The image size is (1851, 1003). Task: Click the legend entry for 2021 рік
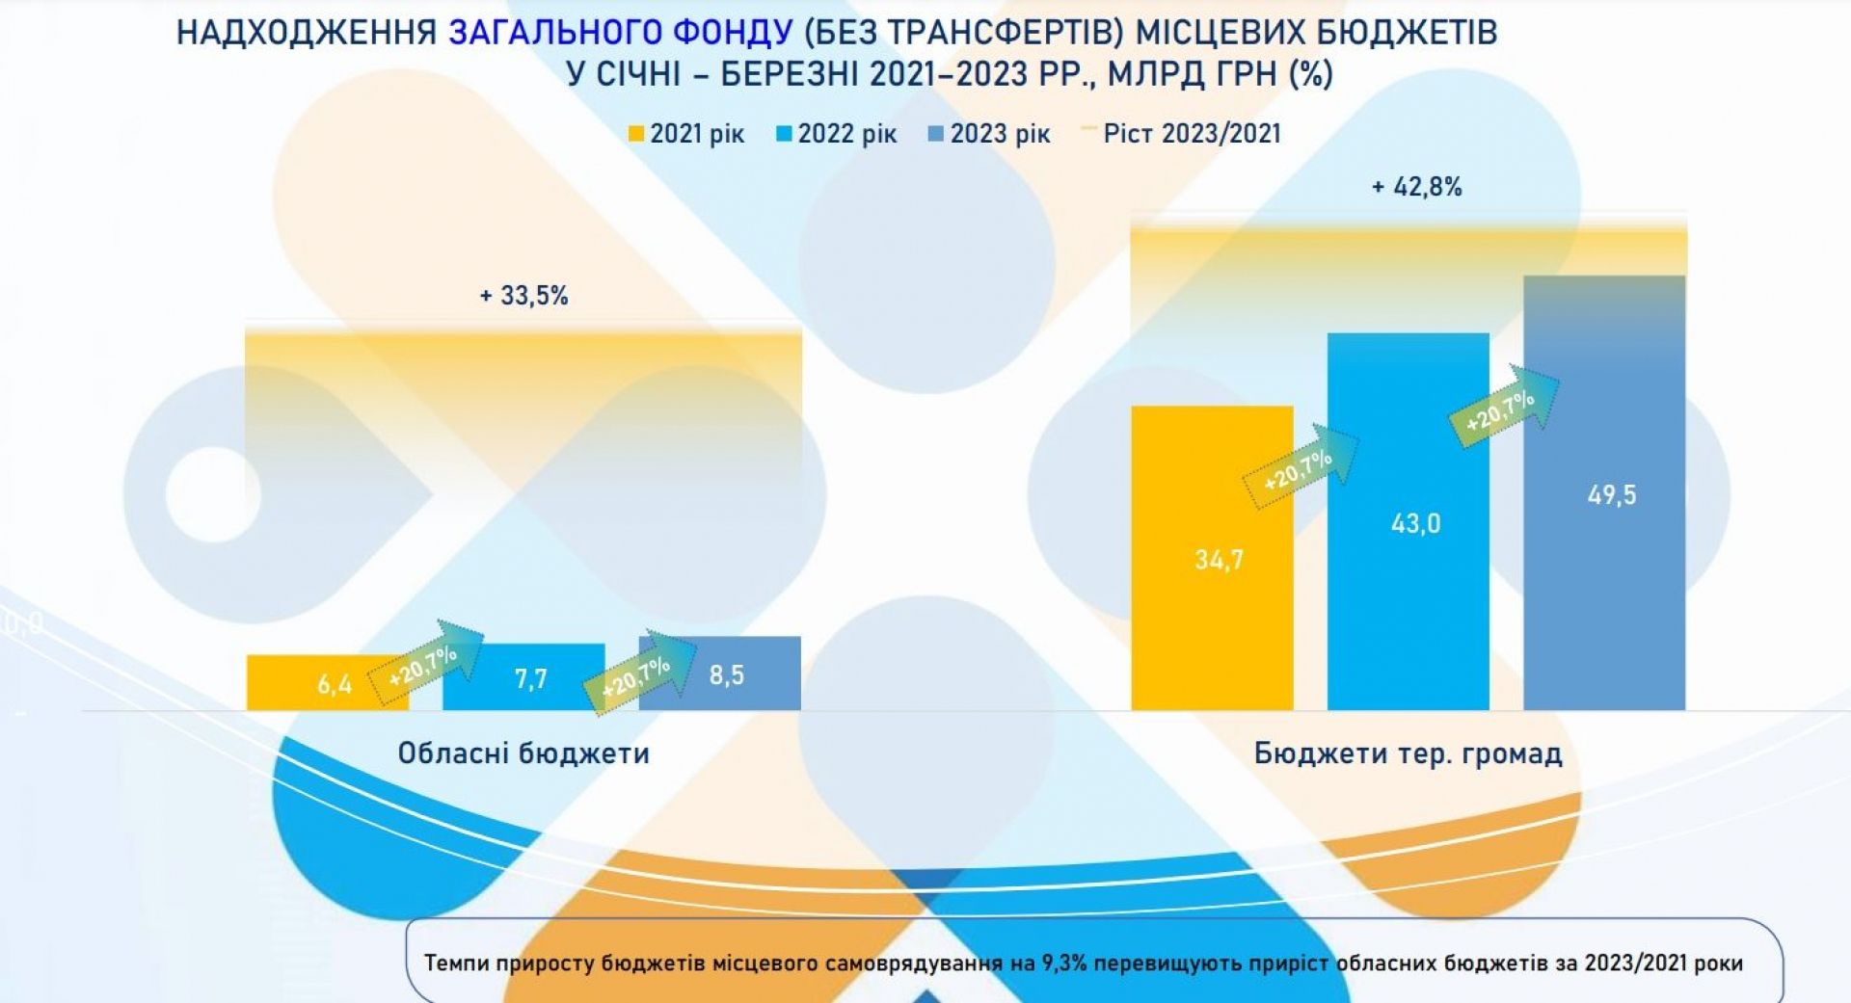[x=686, y=134]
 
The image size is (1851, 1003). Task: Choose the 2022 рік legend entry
[x=837, y=134]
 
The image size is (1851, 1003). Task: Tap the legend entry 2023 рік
[x=989, y=134]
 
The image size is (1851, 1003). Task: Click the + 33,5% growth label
[x=523, y=295]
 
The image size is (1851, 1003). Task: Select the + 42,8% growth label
[x=1416, y=187]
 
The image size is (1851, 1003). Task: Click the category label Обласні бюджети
[x=523, y=752]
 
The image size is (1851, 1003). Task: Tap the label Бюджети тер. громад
[x=1408, y=752]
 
